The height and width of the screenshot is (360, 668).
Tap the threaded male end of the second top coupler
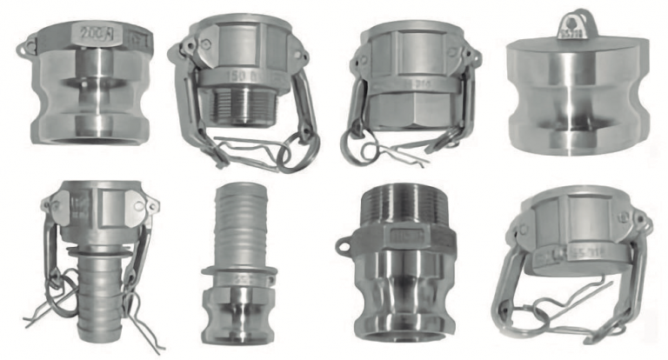click(238, 107)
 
